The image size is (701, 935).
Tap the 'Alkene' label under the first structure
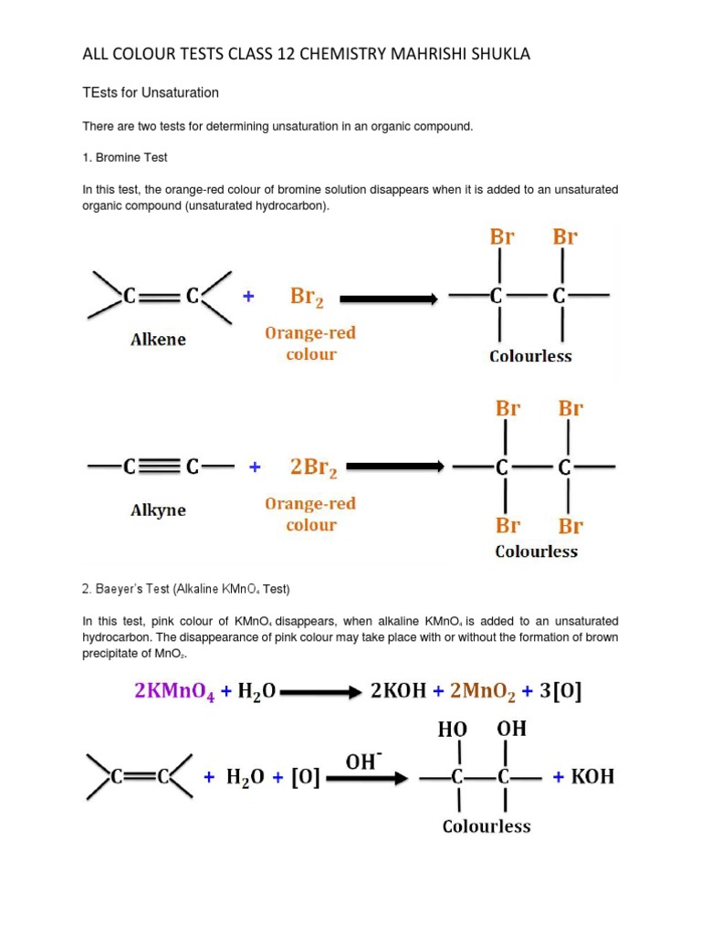coord(158,340)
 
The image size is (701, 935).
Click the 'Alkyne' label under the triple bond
coord(158,510)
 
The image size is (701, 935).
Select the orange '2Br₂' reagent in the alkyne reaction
coord(313,467)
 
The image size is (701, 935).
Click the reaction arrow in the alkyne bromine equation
coord(396,467)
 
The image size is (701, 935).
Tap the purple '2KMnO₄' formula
coord(176,691)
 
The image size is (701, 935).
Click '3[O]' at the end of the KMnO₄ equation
coord(561,691)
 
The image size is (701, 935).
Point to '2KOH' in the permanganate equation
coord(398,691)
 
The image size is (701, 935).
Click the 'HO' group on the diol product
coord(453,730)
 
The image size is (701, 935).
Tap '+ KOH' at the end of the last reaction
coord(584,777)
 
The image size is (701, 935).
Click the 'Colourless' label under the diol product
coord(487,826)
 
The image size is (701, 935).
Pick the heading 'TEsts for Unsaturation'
coord(151,93)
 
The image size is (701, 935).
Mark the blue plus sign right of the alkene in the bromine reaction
coord(247,297)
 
